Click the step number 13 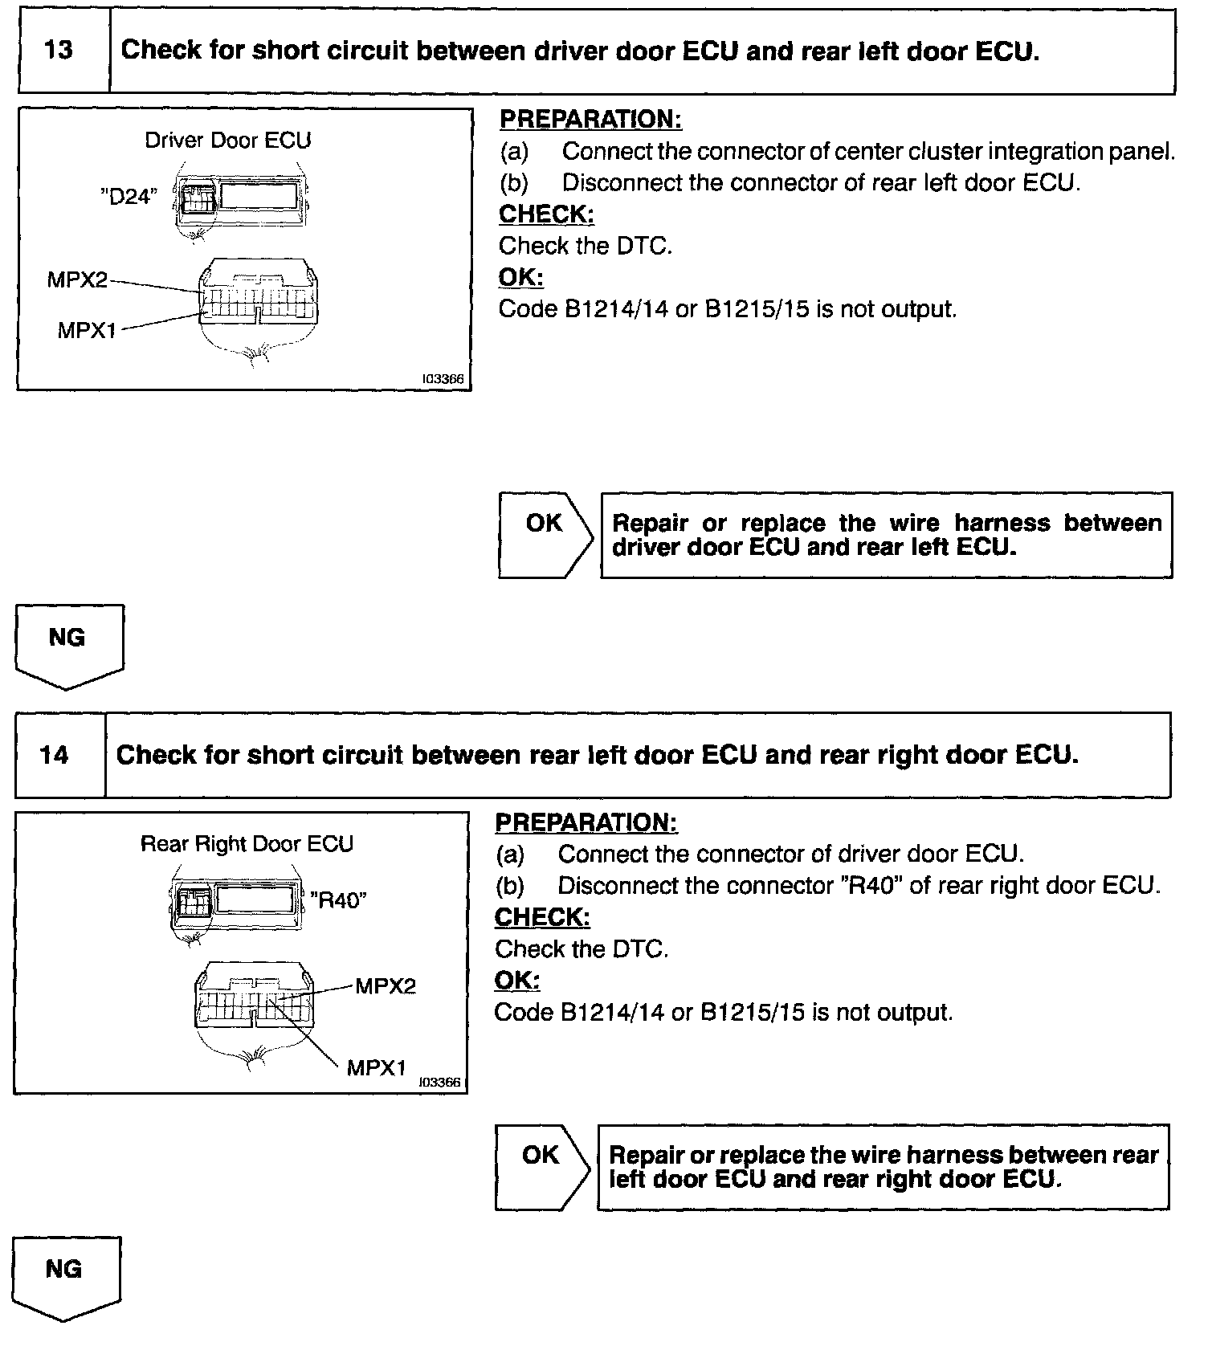(x=59, y=51)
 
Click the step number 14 (x=55, y=756)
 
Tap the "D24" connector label (x=129, y=197)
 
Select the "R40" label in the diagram (x=338, y=899)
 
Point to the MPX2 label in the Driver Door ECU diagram (x=76, y=279)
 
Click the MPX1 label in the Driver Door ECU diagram (x=87, y=330)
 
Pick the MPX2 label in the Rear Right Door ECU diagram (x=386, y=986)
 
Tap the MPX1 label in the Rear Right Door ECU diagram (x=376, y=1067)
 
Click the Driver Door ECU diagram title (x=227, y=141)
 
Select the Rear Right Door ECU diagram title (x=247, y=844)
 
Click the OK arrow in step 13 (x=545, y=534)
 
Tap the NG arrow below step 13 (x=68, y=645)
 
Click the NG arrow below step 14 (x=65, y=1277)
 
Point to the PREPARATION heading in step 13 (x=590, y=120)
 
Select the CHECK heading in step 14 (x=542, y=917)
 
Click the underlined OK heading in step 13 (x=520, y=278)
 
